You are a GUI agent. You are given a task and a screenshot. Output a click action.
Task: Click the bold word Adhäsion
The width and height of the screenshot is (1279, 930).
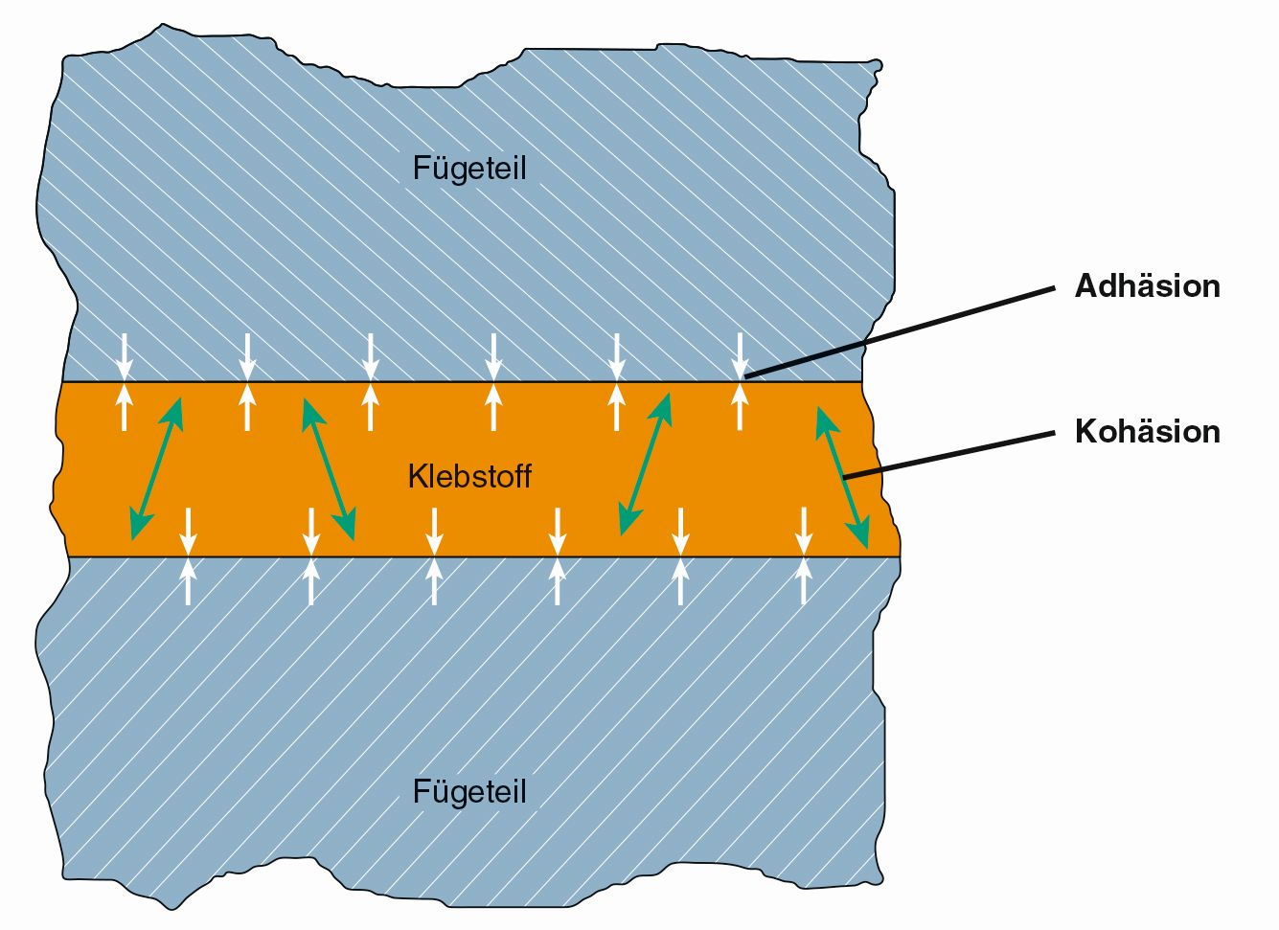click(x=1147, y=285)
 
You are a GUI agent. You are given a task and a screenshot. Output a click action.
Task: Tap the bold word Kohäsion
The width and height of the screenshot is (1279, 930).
click(x=1147, y=431)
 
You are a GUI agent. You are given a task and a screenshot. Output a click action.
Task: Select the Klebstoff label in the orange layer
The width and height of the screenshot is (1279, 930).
click(x=469, y=476)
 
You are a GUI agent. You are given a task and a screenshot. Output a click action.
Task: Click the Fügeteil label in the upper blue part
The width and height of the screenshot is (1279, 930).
click(x=469, y=168)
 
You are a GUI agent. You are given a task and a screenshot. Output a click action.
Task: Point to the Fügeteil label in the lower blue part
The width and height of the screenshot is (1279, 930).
click(x=469, y=792)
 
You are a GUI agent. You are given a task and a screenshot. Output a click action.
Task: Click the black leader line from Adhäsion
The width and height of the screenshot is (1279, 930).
click(x=901, y=330)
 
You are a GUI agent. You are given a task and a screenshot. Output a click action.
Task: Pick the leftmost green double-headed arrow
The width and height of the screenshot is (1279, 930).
click(x=156, y=468)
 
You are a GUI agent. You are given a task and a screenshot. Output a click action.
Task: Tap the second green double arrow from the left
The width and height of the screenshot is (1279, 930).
click(x=329, y=468)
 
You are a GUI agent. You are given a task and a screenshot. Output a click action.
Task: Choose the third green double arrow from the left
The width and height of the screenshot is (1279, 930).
click(x=645, y=464)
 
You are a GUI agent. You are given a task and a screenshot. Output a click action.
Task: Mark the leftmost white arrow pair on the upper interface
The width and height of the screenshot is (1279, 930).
click(x=124, y=382)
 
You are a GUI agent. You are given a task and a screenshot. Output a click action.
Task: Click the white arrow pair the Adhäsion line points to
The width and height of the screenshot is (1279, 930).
click(x=739, y=382)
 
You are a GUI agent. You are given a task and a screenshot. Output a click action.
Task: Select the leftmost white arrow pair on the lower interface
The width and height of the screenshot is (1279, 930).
click(x=188, y=556)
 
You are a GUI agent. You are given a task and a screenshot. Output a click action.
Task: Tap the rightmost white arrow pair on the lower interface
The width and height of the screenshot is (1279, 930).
click(x=804, y=556)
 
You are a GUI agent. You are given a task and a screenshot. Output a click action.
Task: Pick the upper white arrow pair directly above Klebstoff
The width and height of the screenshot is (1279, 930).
click(x=493, y=382)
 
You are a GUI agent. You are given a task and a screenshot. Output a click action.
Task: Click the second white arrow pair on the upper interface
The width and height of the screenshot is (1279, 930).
click(x=247, y=382)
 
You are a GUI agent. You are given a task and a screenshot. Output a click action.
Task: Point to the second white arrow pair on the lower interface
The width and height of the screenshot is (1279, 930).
click(x=310, y=556)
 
